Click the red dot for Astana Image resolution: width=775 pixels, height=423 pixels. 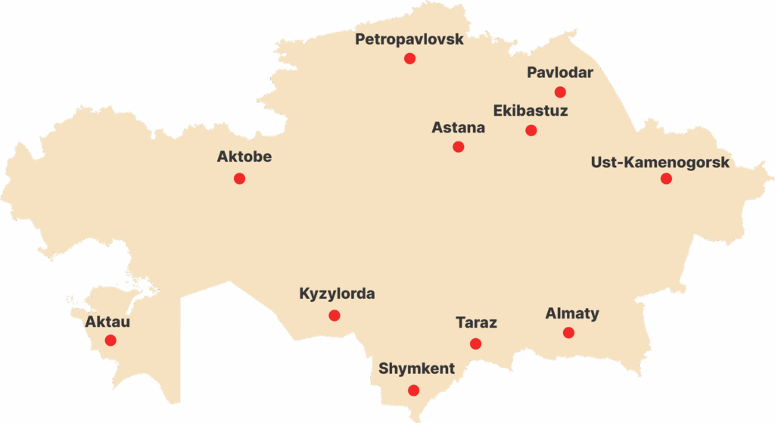click(x=458, y=147)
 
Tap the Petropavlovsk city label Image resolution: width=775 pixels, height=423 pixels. click(x=409, y=39)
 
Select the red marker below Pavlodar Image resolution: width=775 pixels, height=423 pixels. click(x=560, y=92)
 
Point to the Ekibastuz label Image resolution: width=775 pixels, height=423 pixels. click(x=531, y=111)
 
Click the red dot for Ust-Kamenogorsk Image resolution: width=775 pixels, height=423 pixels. click(x=666, y=179)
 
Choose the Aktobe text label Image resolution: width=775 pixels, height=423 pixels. click(x=244, y=158)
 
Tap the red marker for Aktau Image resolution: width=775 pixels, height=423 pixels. click(x=110, y=341)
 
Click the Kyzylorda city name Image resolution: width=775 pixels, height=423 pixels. click(x=337, y=294)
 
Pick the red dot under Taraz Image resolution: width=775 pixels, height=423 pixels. click(x=475, y=344)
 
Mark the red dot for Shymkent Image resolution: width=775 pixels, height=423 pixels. click(x=413, y=390)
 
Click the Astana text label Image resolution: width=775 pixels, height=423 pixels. click(x=458, y=128)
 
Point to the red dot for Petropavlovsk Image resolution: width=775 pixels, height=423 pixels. click(x=409, y=58)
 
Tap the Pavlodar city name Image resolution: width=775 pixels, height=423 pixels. click(x=560, y=73)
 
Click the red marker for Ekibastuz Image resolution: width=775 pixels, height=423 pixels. click(x=531, y=130)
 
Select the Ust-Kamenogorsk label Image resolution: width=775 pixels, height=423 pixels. click(x=660, y=163)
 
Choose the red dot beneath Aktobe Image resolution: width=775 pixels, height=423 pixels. click(x=239, y=179)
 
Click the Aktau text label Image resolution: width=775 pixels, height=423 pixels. click(x=107, y=322)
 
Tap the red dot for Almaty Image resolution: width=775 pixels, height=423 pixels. click(x=568, y=333)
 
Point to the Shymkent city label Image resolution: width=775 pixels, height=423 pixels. click(x=416, y=369)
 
